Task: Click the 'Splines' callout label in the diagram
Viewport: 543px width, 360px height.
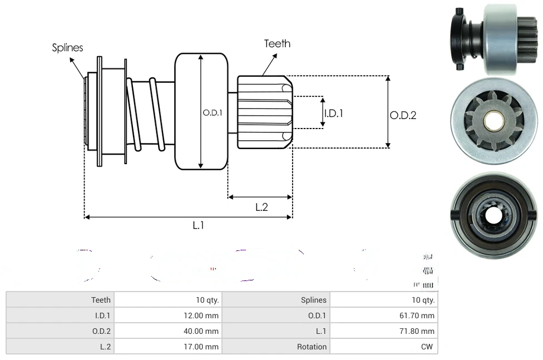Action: (x=67, y=48)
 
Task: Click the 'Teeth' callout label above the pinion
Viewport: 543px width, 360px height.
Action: (x=277, y=43)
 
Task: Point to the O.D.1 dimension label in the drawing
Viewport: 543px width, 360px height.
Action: (x=212, y=112)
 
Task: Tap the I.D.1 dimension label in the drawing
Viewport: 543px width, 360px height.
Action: (x=333, y=113)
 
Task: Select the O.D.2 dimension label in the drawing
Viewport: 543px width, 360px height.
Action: (x=403, y=115)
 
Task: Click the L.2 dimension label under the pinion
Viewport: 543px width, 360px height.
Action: (x=261, y=207)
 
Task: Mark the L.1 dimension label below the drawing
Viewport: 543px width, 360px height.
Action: (x=199, y=225)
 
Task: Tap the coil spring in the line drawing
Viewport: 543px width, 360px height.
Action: (x=145, y=114)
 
